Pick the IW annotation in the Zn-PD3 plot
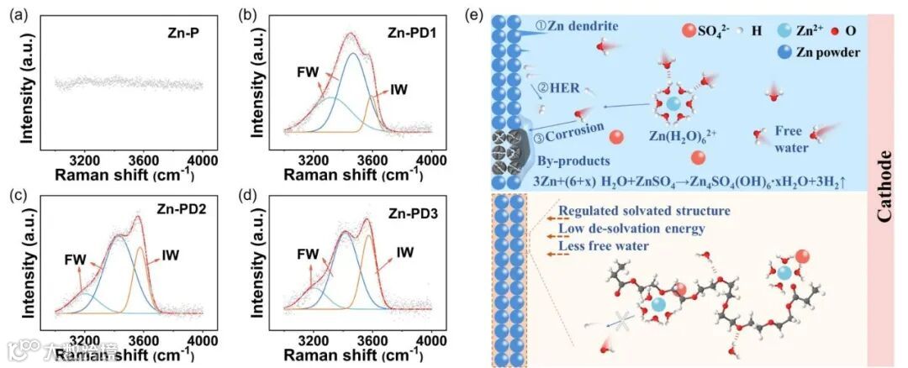405,251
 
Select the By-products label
570,159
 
